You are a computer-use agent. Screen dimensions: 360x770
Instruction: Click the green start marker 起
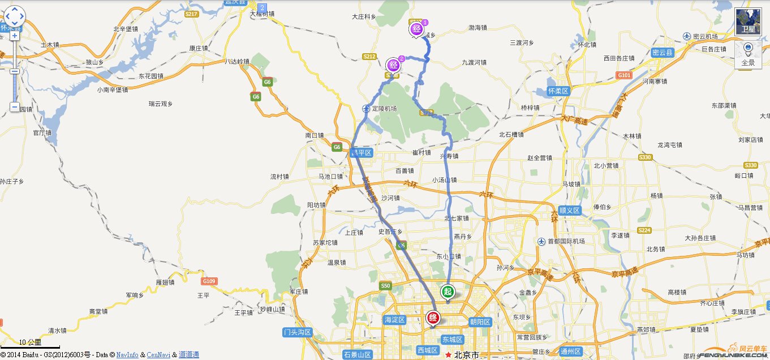coord(448,292)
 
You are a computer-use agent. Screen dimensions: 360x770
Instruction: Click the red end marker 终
coord(433,318)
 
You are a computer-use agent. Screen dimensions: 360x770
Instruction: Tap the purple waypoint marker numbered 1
coord(417,28)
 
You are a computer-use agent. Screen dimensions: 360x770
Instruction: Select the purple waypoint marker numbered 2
coord(393,65)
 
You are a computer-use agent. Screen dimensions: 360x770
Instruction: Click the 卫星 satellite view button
coord(748,22)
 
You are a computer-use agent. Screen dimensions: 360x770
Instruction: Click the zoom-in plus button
coord(14,36)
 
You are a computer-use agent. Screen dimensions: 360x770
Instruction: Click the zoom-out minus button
coord(14,107)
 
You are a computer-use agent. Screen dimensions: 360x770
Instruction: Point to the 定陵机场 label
coord(384,108)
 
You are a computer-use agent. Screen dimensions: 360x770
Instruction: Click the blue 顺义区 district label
coord(569,210)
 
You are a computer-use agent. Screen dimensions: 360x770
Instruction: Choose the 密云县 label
coord(663,53)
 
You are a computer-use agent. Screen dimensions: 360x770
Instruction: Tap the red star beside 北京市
coord(449,355)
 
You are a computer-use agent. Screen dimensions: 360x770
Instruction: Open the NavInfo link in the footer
coord(127,355)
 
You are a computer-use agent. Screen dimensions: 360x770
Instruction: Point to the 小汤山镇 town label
coord(444,180)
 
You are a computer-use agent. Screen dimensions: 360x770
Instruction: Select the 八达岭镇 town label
coord(236,61)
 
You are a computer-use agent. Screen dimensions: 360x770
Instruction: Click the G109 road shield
coord(209,281)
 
